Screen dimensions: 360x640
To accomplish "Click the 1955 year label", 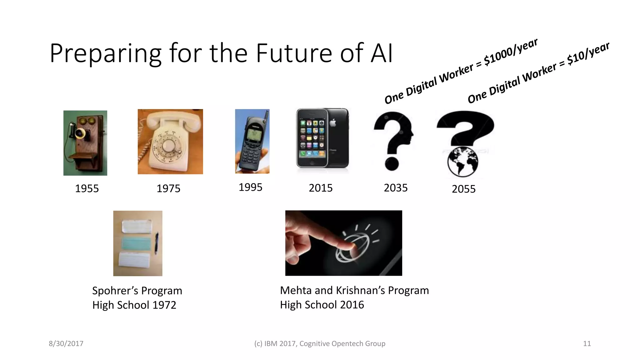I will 87,188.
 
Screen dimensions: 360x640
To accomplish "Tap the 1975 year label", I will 168,188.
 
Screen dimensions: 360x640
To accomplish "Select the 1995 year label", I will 250,187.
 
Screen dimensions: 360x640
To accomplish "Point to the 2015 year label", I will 321,188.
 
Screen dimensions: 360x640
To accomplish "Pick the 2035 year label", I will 396,188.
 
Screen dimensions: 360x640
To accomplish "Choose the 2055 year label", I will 463,189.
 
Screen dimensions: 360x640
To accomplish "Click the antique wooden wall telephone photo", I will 85,143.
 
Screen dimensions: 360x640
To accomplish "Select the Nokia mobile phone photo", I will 252,141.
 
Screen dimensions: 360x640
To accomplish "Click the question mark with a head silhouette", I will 393,141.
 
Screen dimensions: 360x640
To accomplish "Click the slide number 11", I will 587,344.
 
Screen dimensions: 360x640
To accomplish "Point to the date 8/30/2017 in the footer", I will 66,344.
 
